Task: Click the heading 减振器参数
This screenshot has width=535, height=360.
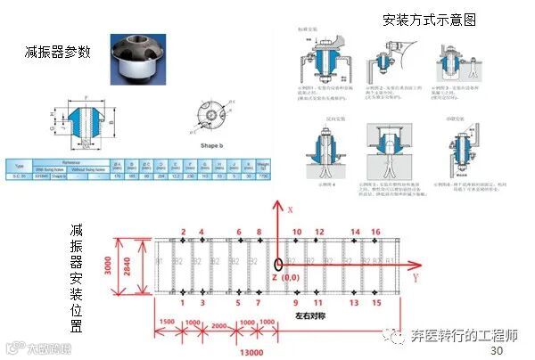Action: click(x=58, y=53)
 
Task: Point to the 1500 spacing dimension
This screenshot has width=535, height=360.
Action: click(x=166, y=322)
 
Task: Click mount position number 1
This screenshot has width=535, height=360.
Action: click(x=182, y=302)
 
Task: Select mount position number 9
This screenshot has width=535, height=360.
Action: click(x=297, y=302)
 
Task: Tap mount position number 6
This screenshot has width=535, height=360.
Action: click(x=238, y=232)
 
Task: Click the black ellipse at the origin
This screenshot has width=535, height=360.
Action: click(x=278, y=264)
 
